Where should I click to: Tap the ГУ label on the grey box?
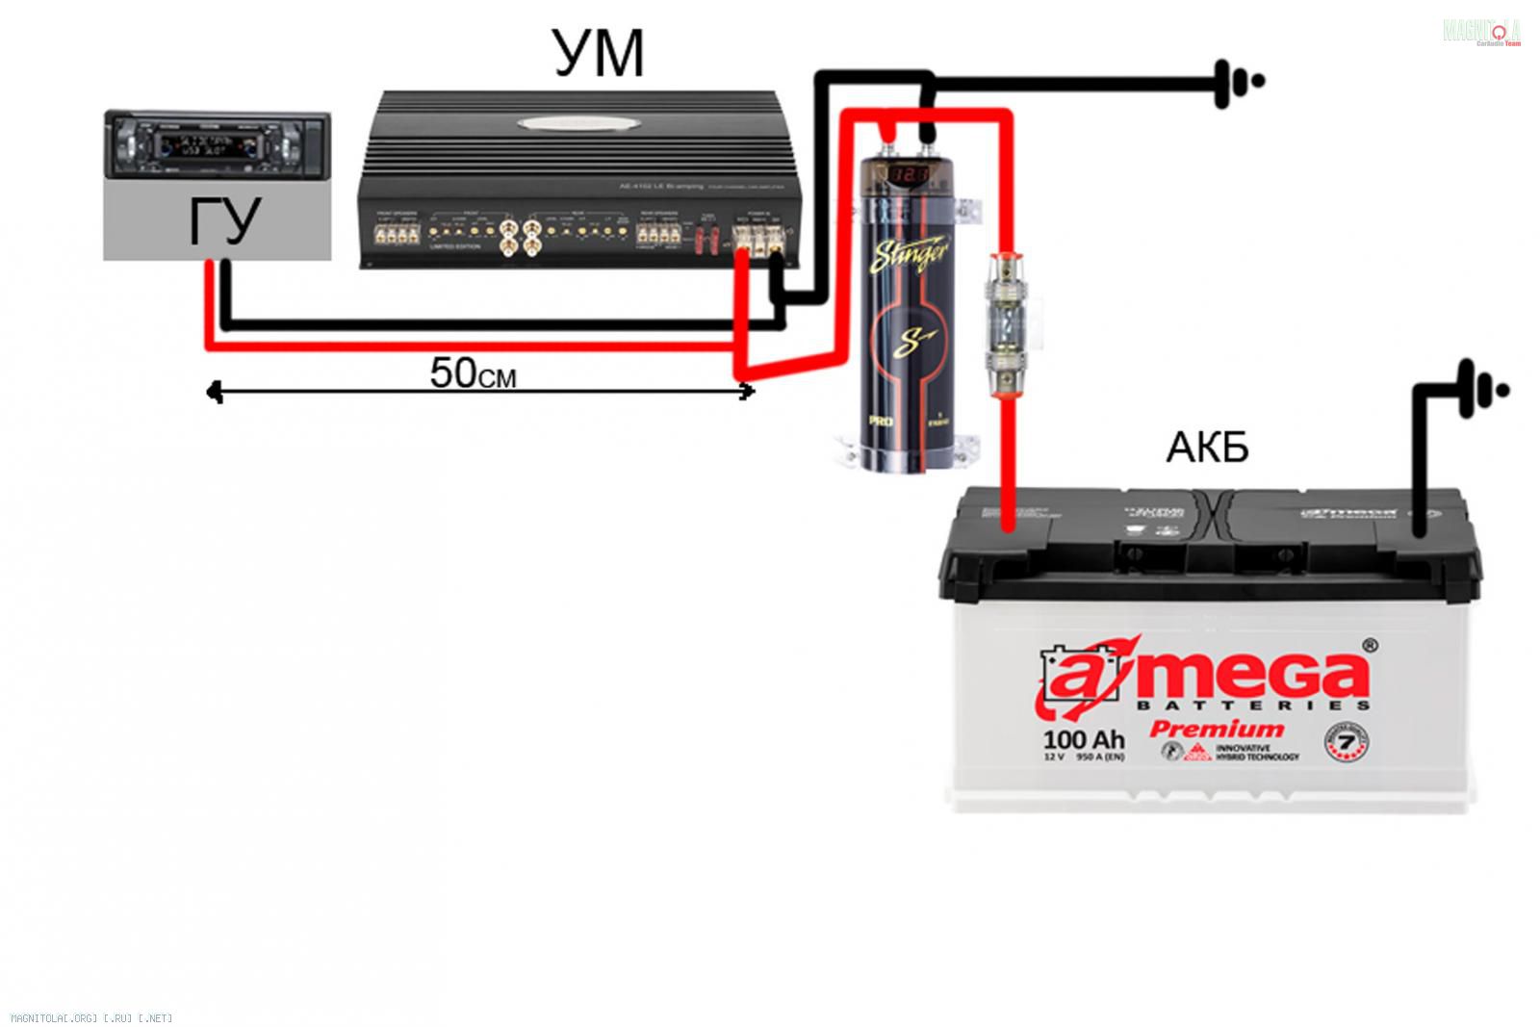(x=223, y=222)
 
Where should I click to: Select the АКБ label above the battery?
(x=1207, y=448)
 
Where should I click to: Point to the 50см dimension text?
(x=472, y=373)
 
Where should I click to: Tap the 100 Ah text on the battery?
(x=1083, y=739)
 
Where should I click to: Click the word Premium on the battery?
(x=1217, y=729)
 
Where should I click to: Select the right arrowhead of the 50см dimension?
(x=748, y=390)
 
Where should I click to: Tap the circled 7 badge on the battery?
(x=1347, y=740)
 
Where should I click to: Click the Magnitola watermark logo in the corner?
(x=1481, y=32)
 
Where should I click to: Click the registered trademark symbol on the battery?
(x=1370, y=644)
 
